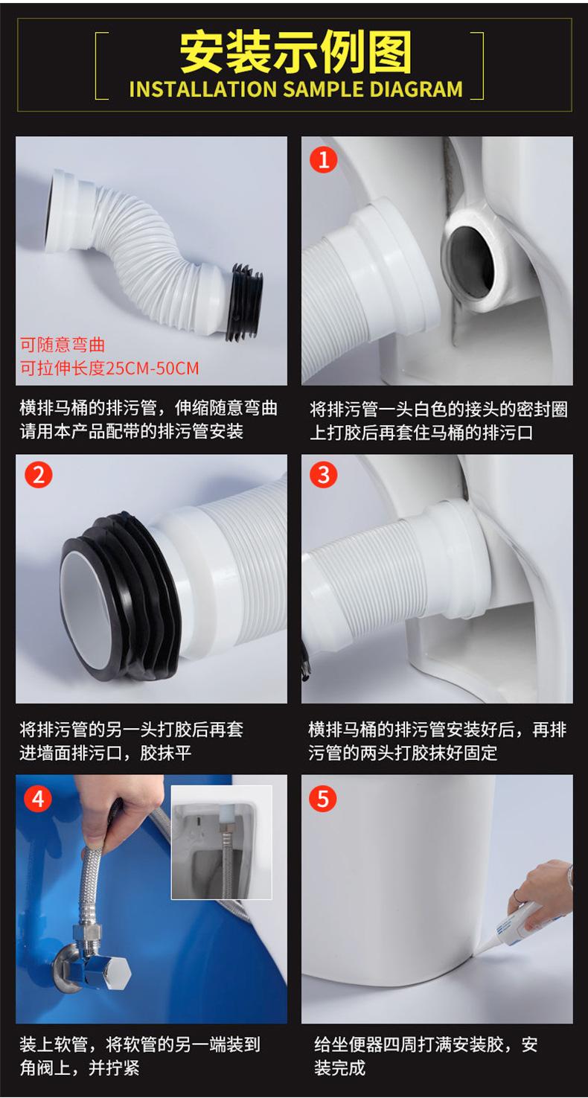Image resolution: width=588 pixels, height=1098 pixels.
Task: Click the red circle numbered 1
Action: coord(323,159)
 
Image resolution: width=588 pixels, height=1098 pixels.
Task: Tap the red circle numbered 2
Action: coord(38,474)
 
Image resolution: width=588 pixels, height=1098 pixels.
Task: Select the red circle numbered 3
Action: coord(323,474)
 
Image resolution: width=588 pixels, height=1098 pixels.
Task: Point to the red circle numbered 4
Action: coord(38,799)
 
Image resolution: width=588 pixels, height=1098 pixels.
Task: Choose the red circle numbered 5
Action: coord(323,799)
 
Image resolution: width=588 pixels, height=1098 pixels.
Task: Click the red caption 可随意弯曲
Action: coord(63,345)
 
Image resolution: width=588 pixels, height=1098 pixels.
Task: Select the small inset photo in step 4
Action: coord(221,841)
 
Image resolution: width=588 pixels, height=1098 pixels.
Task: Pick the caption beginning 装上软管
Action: coord(139,1056)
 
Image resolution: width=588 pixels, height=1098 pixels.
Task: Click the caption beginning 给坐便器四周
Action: coord(425,1056)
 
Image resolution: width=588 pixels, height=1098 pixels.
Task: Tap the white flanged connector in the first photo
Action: coord(71,209)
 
